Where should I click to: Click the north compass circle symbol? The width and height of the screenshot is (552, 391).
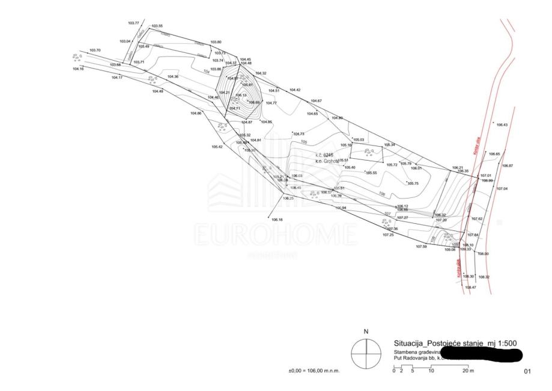pyautogui.click(x=365, y=354)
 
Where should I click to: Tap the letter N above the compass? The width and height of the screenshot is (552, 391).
pyautogui.click(x=366, y=331)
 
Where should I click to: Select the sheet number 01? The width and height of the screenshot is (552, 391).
pyautogui.click(x=527, y=372)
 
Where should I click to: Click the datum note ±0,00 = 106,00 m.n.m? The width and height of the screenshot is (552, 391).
pyautogui.click(x=314, y=371)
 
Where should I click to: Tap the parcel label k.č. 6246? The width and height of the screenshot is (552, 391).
pyautogui.click(x=324, y=155)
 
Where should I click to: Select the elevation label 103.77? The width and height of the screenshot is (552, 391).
pyautogui.click(x=133, y=23)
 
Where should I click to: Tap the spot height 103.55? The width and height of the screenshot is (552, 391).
pyautogui.click(x=157, y=26)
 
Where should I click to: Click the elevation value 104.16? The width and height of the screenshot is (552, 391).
pyautogui.click(x=78, y=69)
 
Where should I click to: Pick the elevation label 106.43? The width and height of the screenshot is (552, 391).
pyautogui.click(x=502, y=125)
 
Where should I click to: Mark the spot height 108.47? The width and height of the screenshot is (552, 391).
pyautogui.click(x=470, y=288)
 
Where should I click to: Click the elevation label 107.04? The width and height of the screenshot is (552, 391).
pyautogui.click(x=502, y=189)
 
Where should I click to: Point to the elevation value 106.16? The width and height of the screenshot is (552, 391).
pyautogui.click(x=277, y=220)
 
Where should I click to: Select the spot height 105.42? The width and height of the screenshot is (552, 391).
pyautogui.click(x=217, y=147)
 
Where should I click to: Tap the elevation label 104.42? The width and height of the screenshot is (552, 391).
pyautogui.click(x=295, y=90)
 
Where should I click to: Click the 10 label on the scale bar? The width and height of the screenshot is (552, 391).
pyautogui.click(x=431, y=371)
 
